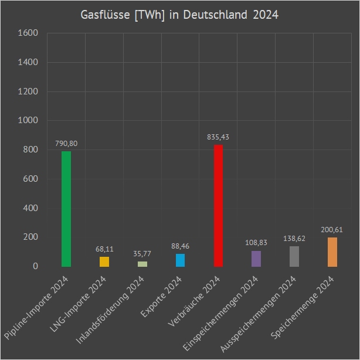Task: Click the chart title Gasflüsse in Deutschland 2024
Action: [179, 15]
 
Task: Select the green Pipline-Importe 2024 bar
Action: [66, 209]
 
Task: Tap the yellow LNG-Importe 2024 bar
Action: [104, 261]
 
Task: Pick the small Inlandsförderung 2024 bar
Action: [142, 264]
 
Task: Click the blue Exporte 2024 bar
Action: [180, 260]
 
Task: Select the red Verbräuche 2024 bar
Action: [218, 206]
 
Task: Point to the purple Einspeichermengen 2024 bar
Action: [256, 259]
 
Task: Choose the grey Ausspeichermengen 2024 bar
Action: [294, 256]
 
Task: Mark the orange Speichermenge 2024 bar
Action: [332, 252]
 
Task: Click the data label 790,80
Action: [66, 143]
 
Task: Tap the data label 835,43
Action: [218, 137]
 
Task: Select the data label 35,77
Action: [142, 253]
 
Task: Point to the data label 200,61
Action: [332, 229]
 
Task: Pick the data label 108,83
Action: [256, 243]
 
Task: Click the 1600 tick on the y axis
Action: [28, 33]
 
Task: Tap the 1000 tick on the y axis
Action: [28, 121]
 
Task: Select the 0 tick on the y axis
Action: [35, 267]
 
